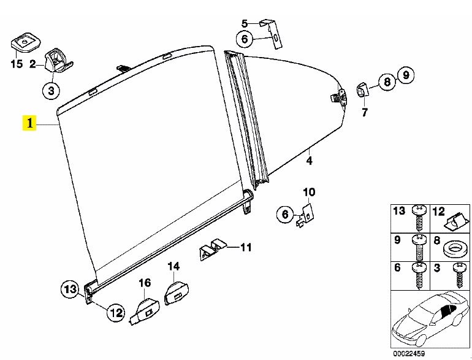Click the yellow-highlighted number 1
pyautogui.click(x=28, y=124)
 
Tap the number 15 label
pyautogui.click(x=16, y=63)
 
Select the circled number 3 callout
pyautogui.click(x=51, y=91)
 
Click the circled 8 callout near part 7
pyautogui.click(x=386, y=82)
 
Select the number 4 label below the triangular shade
pyautogui.click(x=310, y=161)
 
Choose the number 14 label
pyautogui.click(x=174, y=266)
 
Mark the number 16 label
pyautogui.click(x=145, y=283)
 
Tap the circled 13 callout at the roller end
pyautogui.click(x=70, y=289)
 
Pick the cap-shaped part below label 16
pyautogui.click(x=145, y=308)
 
